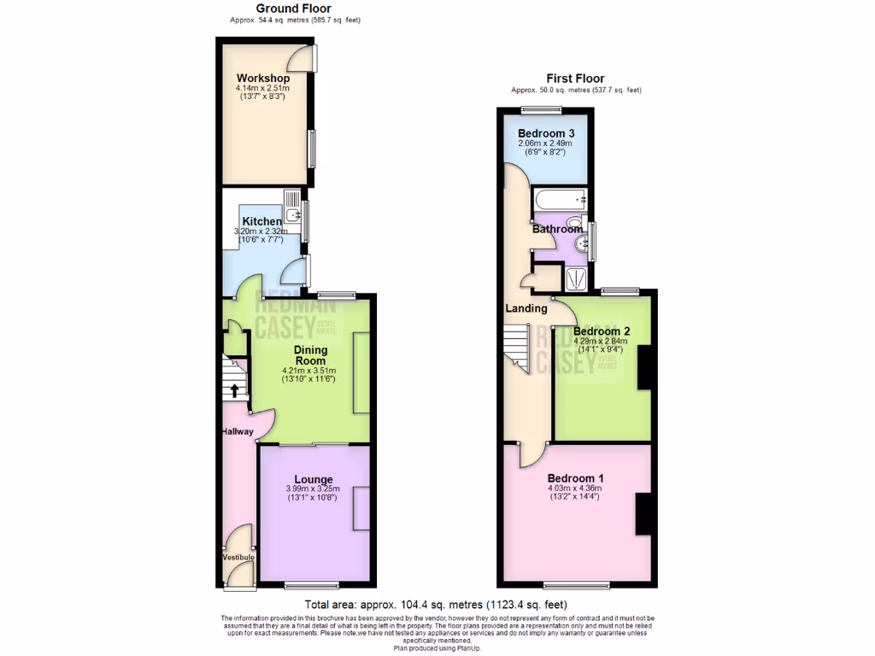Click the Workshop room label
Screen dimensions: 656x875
(x=262, y=79)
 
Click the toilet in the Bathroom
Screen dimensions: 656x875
(x=574, y=225)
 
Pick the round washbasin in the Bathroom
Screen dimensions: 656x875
(x=584, y=245)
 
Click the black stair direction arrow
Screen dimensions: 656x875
(x=235, y=390)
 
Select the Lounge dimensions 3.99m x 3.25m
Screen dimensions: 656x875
(x=313, y=489)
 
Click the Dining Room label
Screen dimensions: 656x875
(x=309, y=355)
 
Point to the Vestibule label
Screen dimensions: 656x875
(x=238, y=557)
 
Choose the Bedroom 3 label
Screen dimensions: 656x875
(x=545, y=134)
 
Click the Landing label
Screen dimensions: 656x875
(x=526, y=308)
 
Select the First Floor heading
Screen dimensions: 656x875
(x=575, y=79)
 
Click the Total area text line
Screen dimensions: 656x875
(x=437, y=603)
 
